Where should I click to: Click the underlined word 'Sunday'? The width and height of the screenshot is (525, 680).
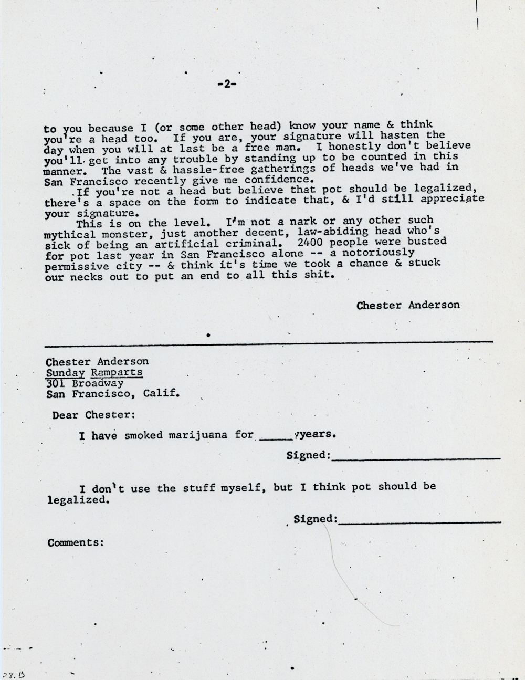click(62, 372)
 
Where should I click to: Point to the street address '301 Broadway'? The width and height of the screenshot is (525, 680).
click(85, 383)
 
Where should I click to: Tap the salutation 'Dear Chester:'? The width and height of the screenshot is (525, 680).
click(93, 415)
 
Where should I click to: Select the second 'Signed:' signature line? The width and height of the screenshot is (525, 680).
click(420, 521)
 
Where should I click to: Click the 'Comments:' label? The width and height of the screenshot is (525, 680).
click(75, 542)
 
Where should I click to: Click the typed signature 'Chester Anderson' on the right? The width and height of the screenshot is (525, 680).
click(408, 305)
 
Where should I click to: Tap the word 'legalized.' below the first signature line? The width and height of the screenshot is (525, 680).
click(78, 500)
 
